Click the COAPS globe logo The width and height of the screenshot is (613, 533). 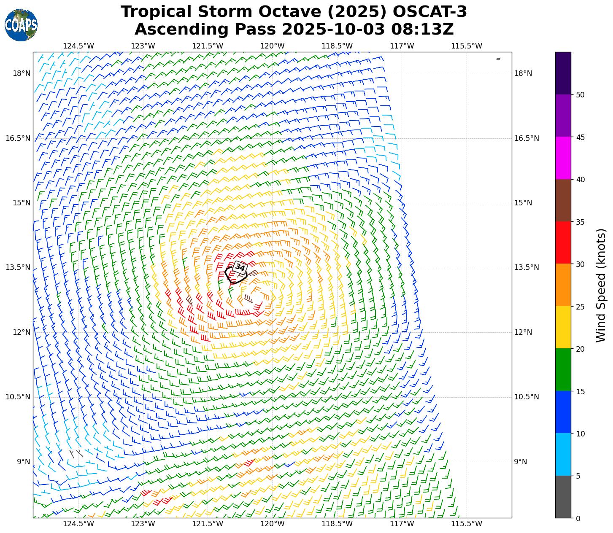click(21, 25)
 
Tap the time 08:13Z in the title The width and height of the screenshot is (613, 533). click(422, 30)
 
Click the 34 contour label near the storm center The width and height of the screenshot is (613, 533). click(240, 267)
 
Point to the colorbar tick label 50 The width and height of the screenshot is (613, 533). click(580, 95)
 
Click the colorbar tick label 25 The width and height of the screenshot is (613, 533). click(580, 307)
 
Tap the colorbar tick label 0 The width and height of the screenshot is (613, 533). click(578, 518)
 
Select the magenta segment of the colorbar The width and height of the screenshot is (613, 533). click(563, 158)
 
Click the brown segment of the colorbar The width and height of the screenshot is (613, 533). click(563, 200)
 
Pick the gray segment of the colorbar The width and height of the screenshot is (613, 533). click(563, 497)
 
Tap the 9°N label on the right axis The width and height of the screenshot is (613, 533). click(520, 462)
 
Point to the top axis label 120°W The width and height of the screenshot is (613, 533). click(272, 46)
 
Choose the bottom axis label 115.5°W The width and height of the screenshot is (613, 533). click(467, 524)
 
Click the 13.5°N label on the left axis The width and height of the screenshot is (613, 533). click(18, 267)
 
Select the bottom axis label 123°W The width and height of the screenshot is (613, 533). click(143, 524)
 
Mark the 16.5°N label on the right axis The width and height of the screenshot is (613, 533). click(527, 138)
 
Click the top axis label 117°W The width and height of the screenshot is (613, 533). click(402, 46)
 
